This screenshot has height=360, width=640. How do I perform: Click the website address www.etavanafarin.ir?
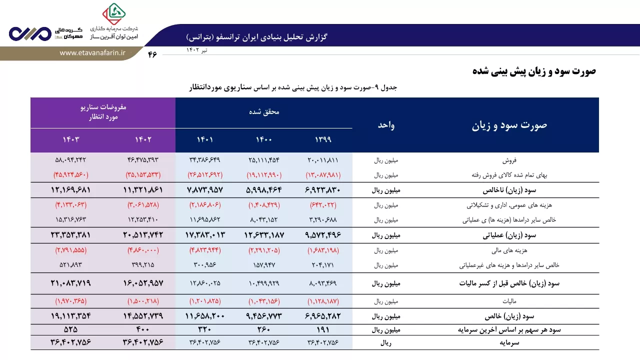tap(92, 53)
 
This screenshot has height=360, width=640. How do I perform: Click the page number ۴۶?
tap(152, 54)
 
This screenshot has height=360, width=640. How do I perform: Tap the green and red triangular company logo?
tap(114, 13)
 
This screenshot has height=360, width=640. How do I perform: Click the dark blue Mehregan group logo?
tap(30, 33)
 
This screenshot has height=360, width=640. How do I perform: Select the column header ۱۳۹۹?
tap(323, 139)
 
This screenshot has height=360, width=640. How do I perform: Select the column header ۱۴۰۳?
tap(71, 139)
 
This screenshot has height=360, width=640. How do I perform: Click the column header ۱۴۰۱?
tap(205, 139)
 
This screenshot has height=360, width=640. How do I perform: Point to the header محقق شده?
tap(264, 111)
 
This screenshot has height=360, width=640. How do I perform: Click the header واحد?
tap(386, 125)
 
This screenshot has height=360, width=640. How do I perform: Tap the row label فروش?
tap(509, 160)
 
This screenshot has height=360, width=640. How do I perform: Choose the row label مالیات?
tap(509, 301)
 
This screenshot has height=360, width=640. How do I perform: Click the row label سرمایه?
tap(509, 342)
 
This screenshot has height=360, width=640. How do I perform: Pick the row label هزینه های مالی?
tap(509, 250)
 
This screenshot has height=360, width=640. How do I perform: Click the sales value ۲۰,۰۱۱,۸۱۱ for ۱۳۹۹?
tap(323, 160)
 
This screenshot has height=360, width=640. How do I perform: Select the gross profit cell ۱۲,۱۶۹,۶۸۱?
tap(70, 190)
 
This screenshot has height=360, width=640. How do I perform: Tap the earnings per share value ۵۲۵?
tap(70, 329)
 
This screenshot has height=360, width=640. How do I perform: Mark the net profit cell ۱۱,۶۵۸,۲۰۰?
tap(205, 316)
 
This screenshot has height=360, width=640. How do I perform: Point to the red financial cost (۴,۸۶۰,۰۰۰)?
tap(143, 250)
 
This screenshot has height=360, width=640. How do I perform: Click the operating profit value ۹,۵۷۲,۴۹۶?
tap(323, 235)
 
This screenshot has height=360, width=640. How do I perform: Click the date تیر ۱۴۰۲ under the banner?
tap(197, 50)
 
